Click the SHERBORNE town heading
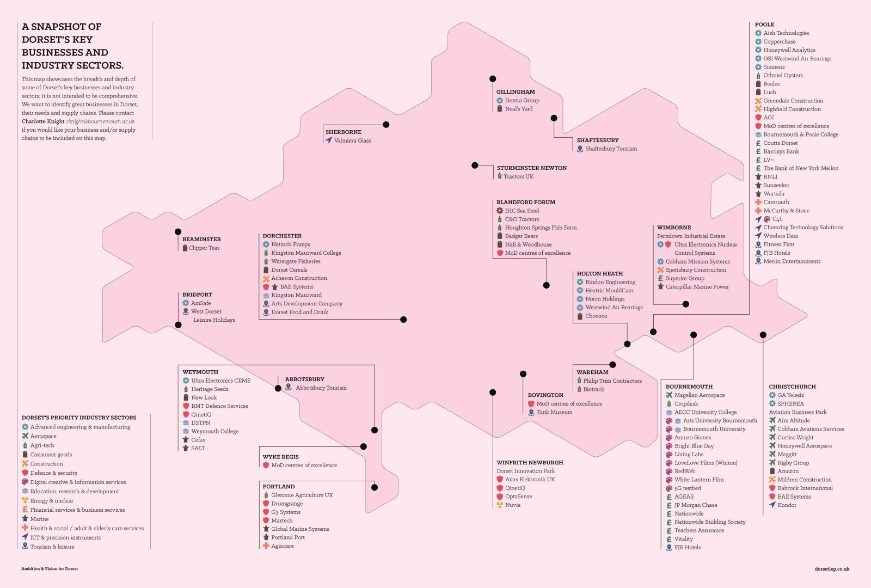coord(344,132)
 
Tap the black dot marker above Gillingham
coord(493,78)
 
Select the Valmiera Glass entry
coord(352,140)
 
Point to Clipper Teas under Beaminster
coord(204,248)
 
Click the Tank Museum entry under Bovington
coord(555,412)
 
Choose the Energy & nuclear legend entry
coord(52,500)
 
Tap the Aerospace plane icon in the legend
coord(25,436)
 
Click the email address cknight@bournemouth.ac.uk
coord(100,121)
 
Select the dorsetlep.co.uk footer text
coord(832,568)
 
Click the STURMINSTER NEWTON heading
coord(531,168)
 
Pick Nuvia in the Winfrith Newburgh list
coord(513,505)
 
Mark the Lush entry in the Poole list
coord(770,92)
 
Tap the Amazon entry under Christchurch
coord(788,471)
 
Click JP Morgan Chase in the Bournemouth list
coord(696,505)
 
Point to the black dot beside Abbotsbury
coord(278,388)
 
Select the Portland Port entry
coord(288,537)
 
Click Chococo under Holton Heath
coord(596,316)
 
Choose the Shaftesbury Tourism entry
coord(611,149)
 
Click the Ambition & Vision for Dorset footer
coord(50,568)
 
